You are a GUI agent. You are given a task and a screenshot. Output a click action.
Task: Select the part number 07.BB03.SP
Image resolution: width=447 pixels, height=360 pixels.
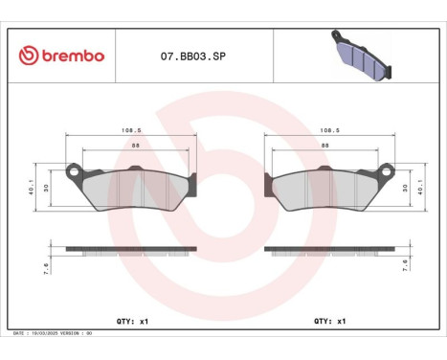tap(193, 56)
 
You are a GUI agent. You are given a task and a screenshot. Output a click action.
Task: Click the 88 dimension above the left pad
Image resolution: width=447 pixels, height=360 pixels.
tap(131, 145)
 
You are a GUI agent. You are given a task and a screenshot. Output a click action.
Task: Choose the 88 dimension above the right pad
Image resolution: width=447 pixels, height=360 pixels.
tap(326, 145)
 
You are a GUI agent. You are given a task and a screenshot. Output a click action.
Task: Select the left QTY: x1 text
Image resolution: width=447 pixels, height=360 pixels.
tap(131, 322)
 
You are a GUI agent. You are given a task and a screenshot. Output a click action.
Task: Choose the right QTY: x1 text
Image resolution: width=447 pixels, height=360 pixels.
tap(329, 322)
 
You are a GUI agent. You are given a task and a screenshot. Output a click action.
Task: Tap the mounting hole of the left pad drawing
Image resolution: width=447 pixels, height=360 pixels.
tap(73, 173)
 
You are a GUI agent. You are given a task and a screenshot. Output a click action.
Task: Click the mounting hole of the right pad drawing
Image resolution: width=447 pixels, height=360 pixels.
tap(385, 173)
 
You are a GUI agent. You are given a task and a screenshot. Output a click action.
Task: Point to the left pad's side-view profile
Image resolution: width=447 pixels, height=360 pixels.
tap(131, 251)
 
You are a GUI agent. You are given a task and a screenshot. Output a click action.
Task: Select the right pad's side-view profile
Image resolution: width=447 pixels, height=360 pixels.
tap(326, 251)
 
